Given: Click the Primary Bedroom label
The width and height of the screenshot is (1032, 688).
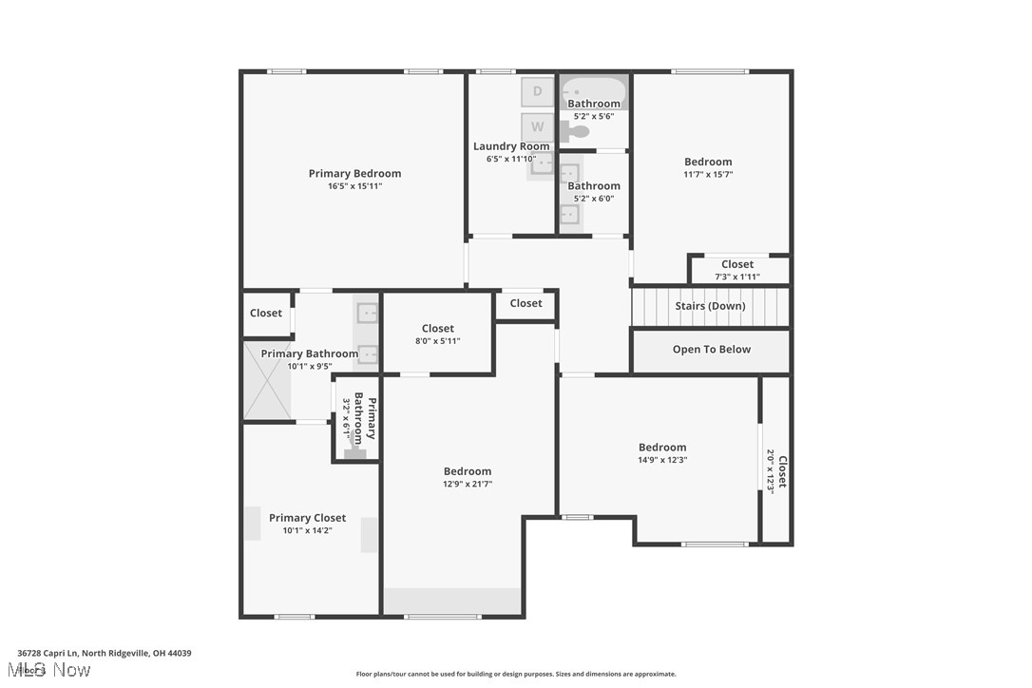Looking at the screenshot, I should pyautogui.click(x=354, y=174).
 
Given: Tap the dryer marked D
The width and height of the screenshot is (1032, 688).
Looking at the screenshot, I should pyautogui.click(x=537, y=91).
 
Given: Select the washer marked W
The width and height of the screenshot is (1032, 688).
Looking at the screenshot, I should pyautogui.click(x=537, y=126).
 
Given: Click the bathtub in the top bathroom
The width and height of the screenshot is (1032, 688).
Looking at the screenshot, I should pyautogui.click(x=594, y=92).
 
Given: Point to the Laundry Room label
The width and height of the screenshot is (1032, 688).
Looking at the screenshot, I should pyautogui.click(x=511, y=146).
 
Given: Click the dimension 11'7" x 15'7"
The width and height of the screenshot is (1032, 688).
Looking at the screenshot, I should pyautogui.click(x=708, y=175).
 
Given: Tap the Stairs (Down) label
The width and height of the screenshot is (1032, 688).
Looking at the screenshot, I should pyautogui.click(x=710, y=306).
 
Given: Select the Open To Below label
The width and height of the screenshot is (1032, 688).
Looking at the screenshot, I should pyautogui.click(x=711, y=350).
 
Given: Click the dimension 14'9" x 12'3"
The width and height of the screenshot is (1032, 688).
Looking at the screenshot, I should pyautogui.click(x=662, y=460).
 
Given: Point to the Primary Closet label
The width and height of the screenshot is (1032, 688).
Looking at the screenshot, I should pyautogui.click(x=307, y=518).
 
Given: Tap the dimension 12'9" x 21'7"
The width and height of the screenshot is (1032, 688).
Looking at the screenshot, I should pyautogui.click(x=468, y=484).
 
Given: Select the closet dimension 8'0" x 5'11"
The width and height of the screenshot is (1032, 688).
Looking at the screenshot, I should pyautogui.click(x=437, y=341).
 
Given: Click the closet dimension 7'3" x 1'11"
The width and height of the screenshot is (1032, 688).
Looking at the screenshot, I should pyautogui.click(x=737, y=277).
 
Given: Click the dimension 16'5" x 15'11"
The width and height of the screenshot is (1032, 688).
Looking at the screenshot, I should pyautogui.click(x=354, y=186).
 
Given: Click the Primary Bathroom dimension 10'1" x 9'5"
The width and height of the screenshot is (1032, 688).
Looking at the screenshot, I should pyautogui.click(x=310, y=366).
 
